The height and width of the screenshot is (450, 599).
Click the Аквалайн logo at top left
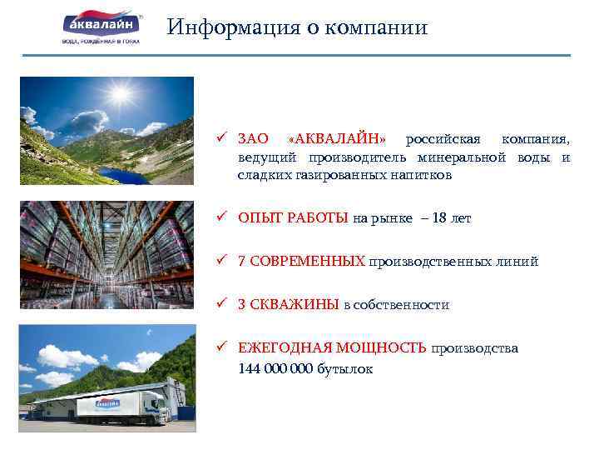[101, 27]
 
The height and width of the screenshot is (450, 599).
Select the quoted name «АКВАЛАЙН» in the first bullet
[342, 138]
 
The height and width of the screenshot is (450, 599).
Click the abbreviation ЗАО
[253, 138]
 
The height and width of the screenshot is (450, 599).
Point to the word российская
[448, 138]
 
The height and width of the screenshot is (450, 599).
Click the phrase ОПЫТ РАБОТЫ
[292, 218]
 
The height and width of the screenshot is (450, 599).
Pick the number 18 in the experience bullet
[440, 218]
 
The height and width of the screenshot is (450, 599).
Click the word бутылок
[345, 367]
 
